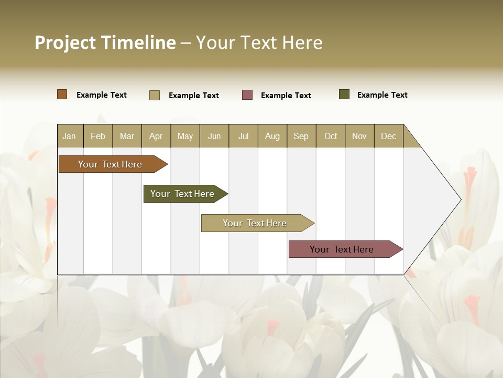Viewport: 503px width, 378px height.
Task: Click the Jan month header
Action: click(x=70, y=136)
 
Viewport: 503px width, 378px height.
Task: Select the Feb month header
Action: click(x=98, y=136)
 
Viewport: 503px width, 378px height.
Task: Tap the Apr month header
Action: click(x=156, y=136)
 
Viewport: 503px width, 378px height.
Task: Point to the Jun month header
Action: click(x=214, y=136)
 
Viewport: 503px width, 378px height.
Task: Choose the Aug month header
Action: click(x=272, y=136)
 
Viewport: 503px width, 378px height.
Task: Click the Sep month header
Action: click(x=301, y=136)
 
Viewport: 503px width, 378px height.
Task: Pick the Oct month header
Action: click(x=331, y=136)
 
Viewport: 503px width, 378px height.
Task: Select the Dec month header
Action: click(x=388, y=136)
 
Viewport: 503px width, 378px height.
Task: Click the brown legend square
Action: click(x=62, y=94)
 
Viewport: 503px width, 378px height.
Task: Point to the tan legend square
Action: click(x=155, y=95)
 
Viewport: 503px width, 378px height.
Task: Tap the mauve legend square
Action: click(x=247, y=95)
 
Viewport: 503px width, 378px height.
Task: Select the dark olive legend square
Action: click(x=344, y=94)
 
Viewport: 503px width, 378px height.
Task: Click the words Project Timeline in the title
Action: click(x=105, y=43)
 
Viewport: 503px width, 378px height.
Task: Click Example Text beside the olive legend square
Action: click(x=382, y=95)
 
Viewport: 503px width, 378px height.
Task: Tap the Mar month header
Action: click(x=127, y=136)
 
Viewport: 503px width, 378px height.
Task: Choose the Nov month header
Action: click(x=359, y=136)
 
